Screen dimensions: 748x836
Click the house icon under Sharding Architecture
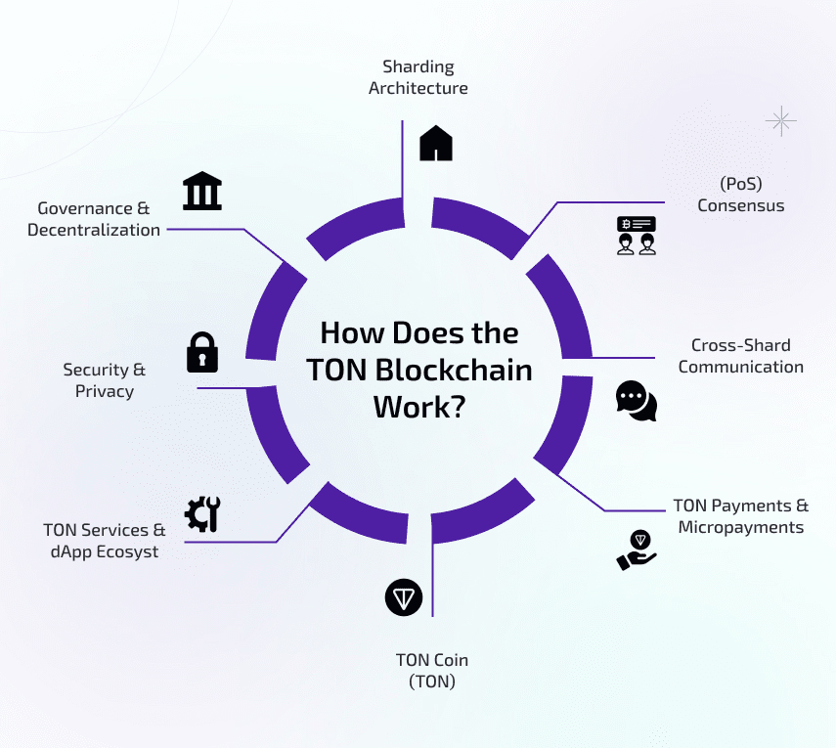pos(436,143)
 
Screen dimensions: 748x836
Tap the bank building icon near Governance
pos(202,193)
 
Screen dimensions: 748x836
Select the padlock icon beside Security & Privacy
pos(202,352)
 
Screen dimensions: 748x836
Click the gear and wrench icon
pos(203,513)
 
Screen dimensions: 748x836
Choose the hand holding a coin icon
pos(636,550)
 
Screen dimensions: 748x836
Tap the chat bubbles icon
pos(636,400)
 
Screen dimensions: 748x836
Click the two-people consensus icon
pos(636,236)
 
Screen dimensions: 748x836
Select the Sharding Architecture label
pos(418,77)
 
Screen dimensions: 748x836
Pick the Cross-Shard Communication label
pos(740,356)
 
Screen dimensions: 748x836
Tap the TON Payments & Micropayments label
pos(740,516)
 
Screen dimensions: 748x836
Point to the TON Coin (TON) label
pos(431,670)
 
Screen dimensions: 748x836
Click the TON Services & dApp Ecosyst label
pos(104,541)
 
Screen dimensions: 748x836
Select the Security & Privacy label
pos(105,380)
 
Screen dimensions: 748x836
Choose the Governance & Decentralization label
pos(94,219)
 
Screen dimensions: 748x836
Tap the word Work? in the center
pos(418,407)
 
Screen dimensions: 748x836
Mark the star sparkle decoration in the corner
pos(780,121)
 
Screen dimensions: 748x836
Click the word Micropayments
pos(741,527)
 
